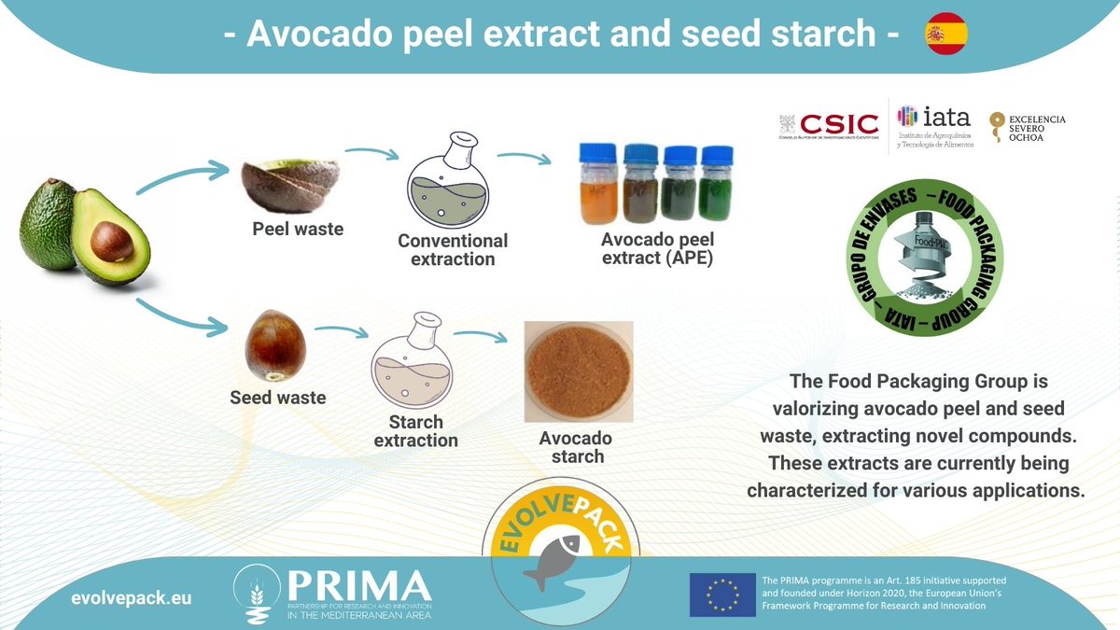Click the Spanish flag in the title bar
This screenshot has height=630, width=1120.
(945, 35)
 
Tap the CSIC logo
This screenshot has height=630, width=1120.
(829, 124)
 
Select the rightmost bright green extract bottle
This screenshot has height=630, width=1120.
(717, 184)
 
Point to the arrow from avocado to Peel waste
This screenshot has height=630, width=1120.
(182, 177)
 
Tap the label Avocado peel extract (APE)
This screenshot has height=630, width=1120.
(656, 248)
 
